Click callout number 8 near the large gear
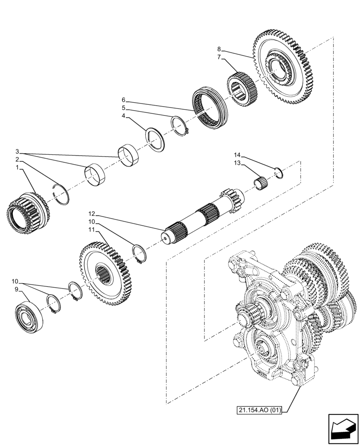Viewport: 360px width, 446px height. pyautogui.click(x=219, y=49)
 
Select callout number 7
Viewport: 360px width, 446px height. pyautogui.click(x=219, y=57)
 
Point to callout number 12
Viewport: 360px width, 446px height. pyautogui.click(x=91, y=213)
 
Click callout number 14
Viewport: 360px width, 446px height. pyautogui.click(x=237, y=155)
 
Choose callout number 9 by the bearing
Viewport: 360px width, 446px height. pyautogui.click(x=16, y=289)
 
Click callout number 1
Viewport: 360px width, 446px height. pyautogui.click(x=17, y=168)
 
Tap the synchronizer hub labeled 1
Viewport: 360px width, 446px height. pyautogui.click(x=27, y=213)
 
